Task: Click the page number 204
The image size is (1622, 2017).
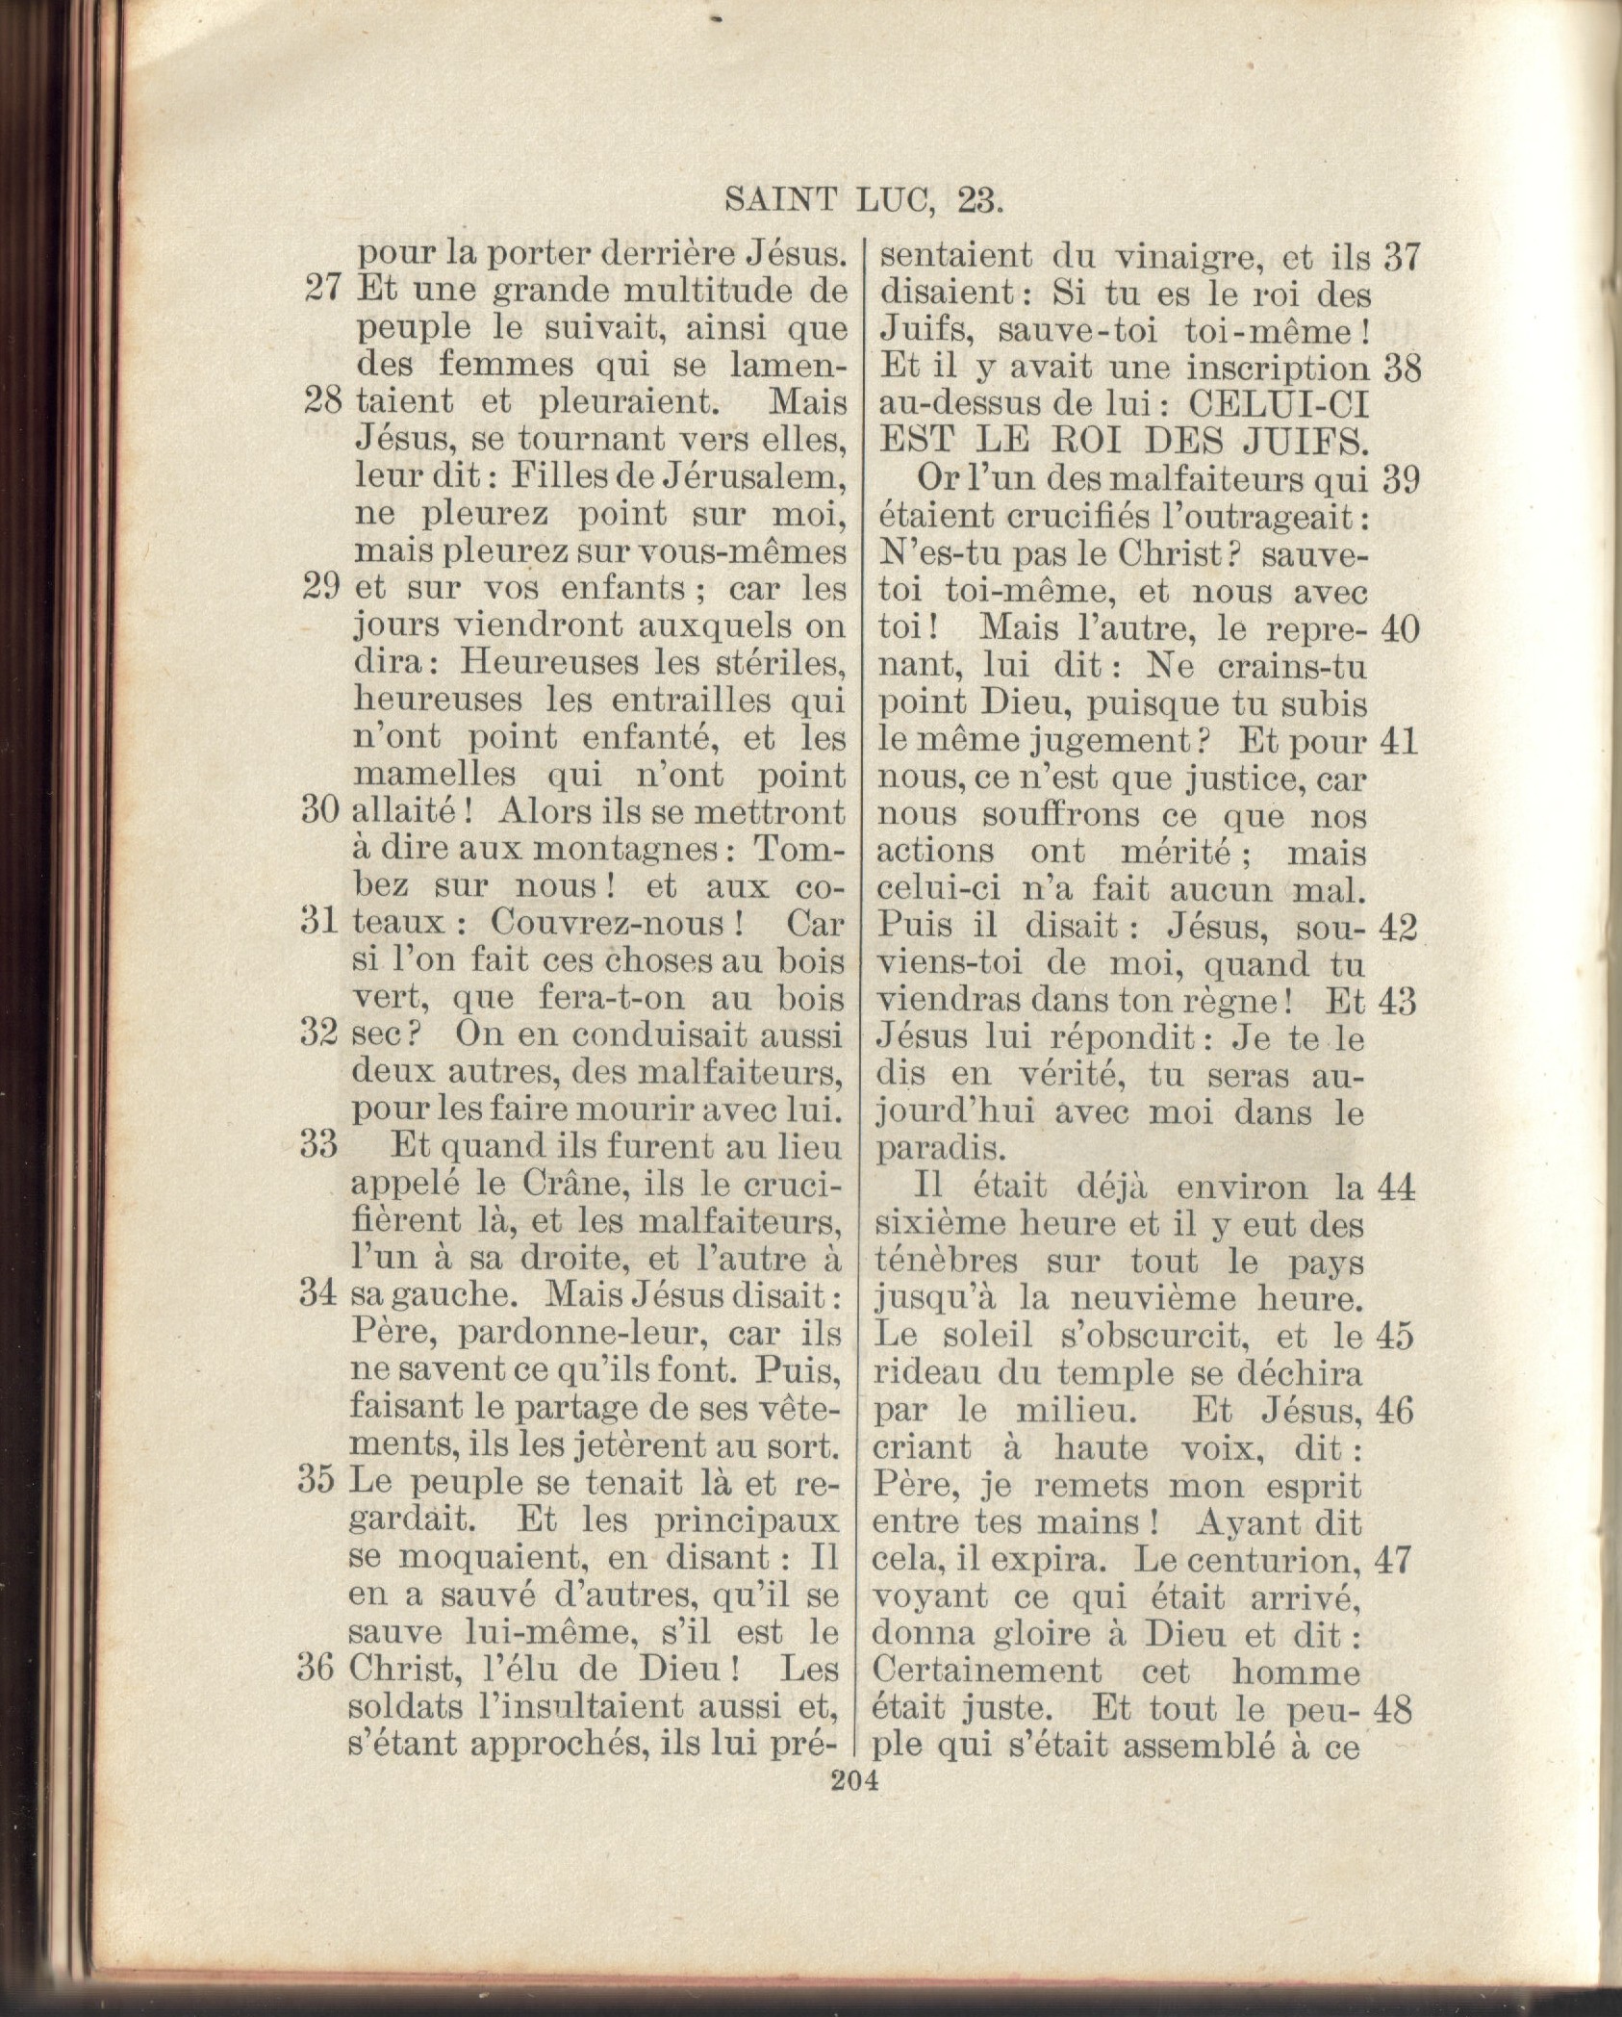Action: coord(853,1780)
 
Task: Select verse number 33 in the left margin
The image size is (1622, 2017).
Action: coord(318,1146)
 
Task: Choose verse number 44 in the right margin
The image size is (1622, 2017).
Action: coord(1397,1189)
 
